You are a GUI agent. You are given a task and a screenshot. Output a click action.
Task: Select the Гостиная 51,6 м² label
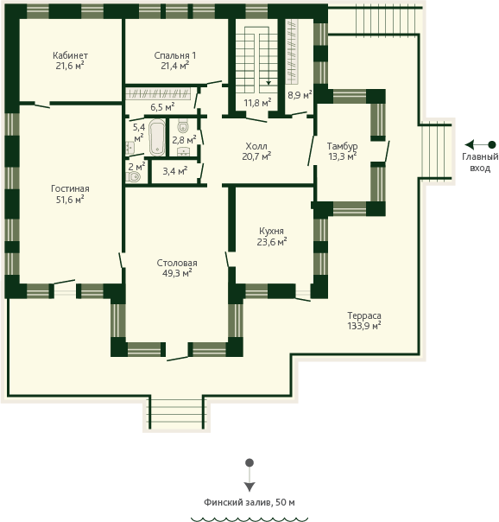(x=70, y=194)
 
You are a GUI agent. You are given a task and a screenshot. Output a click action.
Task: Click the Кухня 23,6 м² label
(x=272, y=236)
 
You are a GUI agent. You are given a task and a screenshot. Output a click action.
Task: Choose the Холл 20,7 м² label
(x=256, y=150)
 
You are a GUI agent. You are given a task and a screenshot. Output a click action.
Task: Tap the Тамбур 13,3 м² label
(x=343, y=150)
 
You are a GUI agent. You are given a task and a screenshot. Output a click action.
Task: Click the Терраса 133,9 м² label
(x=364, y=321)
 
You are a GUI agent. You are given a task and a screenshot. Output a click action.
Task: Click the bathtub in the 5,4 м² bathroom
(x=157, y=137)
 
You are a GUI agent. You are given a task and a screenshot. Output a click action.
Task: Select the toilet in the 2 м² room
(x=133, y=177)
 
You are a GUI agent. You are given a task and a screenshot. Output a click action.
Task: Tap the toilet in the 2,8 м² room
(x=182, y=126)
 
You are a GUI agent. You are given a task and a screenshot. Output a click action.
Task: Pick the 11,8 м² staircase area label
(x=257, y=103)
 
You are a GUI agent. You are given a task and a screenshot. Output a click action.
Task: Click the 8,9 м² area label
(x=300, y=94)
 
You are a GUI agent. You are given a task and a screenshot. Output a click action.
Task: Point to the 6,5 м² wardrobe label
(x=162, y=107)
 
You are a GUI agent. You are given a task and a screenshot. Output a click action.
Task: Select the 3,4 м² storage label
(x=175, y=171)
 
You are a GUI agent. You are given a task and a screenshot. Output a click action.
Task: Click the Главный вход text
(x=480, y=162)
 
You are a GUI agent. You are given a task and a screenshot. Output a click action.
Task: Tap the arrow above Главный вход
(x=480, y=145)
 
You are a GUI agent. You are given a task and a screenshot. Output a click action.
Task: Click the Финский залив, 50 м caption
(x=249, y=502)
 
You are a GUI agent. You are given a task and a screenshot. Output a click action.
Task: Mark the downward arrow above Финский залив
(x=249, y=475)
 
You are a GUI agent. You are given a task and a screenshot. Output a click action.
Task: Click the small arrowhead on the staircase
(x=268, y=83)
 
